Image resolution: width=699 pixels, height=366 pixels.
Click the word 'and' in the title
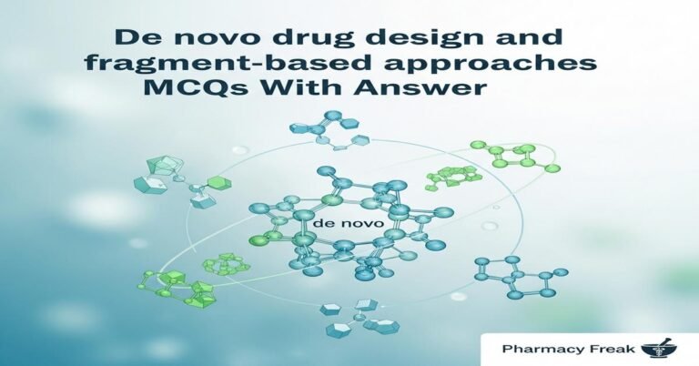coord(504,43)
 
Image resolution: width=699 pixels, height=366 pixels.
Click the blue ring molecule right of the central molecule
coord(519,273)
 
